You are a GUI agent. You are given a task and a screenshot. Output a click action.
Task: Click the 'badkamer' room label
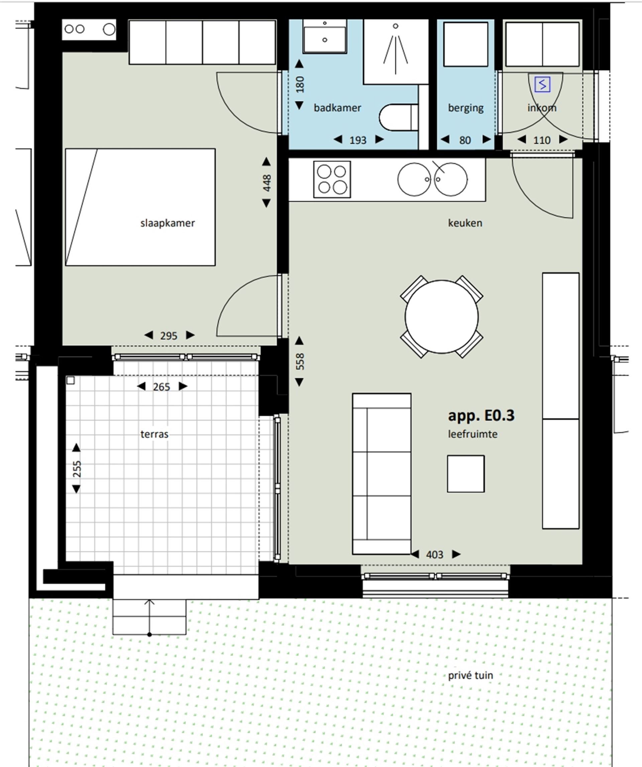click(x=337, y=108)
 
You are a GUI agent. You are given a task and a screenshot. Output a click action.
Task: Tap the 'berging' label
click(x=465, y=108)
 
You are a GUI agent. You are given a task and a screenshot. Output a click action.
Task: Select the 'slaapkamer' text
click(x=167, y=223)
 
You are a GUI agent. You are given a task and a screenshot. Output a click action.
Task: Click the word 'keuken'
click(x=465, y=223)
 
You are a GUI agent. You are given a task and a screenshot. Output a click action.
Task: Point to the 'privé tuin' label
click(x=470, y=675)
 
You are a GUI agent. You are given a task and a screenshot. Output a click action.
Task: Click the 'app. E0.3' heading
click(x=481, y=415)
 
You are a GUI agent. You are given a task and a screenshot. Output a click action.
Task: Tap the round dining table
click(x=441, y=317)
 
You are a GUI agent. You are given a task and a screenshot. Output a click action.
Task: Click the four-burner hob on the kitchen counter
click(x=332, y=179)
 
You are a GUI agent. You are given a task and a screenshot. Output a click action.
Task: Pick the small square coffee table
click(x=465, y=474)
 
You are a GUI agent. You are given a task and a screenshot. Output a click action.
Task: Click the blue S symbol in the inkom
click(x=542, y=85)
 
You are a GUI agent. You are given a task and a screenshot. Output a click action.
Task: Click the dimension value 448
click(x=267, y=183)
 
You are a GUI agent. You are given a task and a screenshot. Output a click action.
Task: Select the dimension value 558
click(x=300, y=361)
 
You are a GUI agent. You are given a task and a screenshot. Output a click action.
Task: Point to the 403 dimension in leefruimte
click(x=434, y=555)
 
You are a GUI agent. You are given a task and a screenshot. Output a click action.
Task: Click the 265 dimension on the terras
click(x=162, y=387)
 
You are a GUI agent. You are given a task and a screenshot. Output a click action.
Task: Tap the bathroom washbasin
click(x=324, y=36)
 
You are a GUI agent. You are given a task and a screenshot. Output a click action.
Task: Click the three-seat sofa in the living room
click(x=381, y=474)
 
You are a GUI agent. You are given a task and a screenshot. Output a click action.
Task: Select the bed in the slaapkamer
click(x=140, y=207)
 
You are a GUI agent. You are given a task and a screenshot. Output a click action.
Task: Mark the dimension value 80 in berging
click(x=465, y=140)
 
